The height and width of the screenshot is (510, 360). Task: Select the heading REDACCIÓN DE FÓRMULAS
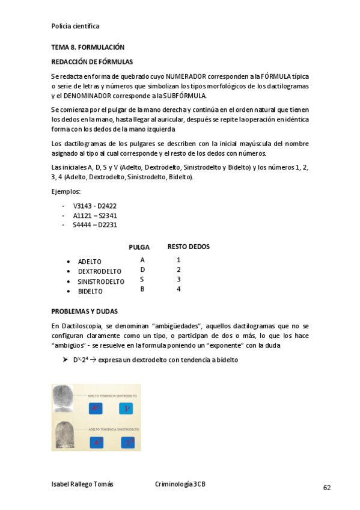[x=92, y=61]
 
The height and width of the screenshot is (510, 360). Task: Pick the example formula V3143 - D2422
[x=95, y=206]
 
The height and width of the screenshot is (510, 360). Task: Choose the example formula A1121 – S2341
[x=95, y=215]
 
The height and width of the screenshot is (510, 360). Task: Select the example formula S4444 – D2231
[x=95, y=225]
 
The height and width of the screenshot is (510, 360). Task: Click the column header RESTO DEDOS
[x=188, y=247]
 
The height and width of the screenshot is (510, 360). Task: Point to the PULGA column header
[x=139, y=247]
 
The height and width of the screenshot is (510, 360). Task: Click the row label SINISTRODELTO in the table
[x=101, y=281]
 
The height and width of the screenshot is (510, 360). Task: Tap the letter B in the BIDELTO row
[x=142, y=289]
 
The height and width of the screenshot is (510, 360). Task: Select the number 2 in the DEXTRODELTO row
[x=178, y=270]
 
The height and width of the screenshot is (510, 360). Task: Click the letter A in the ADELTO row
[x=142, y=260]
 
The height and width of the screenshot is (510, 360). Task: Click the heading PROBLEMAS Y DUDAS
[x=84, y=312]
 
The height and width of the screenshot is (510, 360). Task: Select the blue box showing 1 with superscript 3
[x=127, y=443]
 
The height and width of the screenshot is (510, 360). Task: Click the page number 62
[x=326, y=488]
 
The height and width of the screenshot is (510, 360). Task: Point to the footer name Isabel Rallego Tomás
[x=82, y=484]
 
